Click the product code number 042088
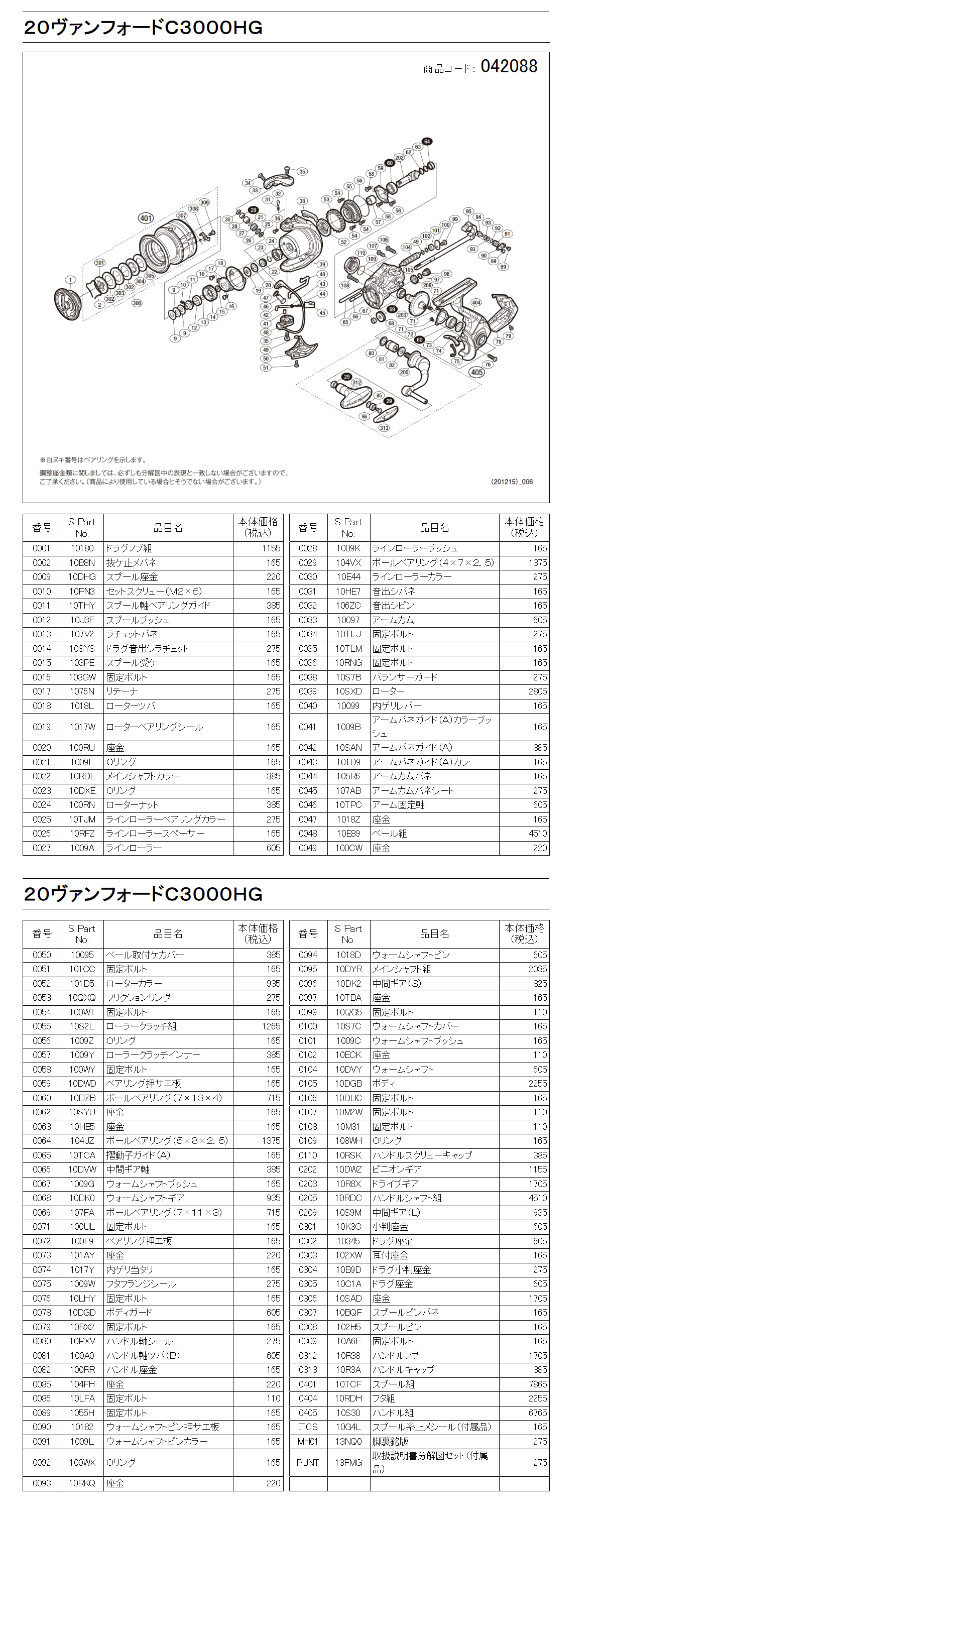coord(509,66)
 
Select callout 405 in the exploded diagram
coord(476,372)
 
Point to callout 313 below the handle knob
coord(384,428)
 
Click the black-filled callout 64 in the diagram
coord(427,142)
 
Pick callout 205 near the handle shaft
coord(404,372)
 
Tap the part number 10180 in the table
coord(82,548)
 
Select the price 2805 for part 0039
coord(537,691)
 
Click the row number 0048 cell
coord(308,833)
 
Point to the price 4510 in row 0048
coord(537,833)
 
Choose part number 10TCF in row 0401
coord(348,1384)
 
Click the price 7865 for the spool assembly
coord(537,1384)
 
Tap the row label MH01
coord(308,1442)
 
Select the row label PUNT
coord(308,1462)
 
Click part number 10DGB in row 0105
coord(348,1084)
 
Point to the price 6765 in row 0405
coord(537,1413)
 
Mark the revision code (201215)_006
coord(512,482)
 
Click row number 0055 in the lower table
coord(42,1026)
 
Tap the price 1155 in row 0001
coord(271,548)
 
